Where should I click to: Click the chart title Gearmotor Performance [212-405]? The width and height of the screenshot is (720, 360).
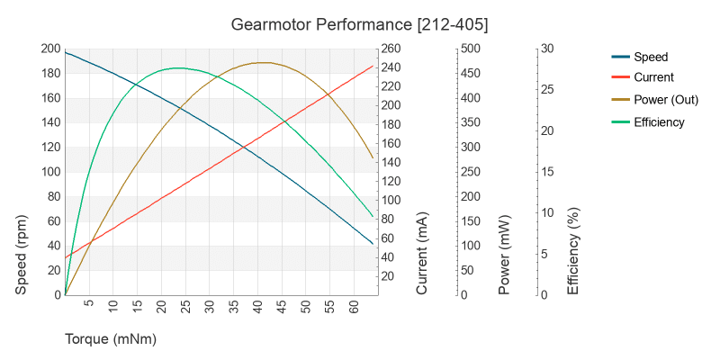[x=359, y=23]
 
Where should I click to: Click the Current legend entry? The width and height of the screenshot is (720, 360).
[x=653, y=77]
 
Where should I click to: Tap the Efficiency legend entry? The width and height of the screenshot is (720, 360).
[x=659, y=121]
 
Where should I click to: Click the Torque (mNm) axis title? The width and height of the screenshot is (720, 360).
[x=111, y=339]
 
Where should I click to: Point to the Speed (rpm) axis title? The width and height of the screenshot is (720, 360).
[x=22, y=255]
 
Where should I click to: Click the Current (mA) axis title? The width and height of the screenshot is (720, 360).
[x=422, y=255]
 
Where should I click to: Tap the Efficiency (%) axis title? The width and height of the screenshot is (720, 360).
[x=572, y=253]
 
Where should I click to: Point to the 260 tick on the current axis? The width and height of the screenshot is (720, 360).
[x=392, y=49]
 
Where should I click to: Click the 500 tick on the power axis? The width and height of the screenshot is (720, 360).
[x=472, y=49]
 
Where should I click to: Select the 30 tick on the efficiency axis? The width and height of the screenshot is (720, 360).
[x=546, y=49]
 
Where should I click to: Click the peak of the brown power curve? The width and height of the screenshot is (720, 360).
[x=262, y=63]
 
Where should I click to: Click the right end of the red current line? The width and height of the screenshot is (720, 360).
[x=373, y=66]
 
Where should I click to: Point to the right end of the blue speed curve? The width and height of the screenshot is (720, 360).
[x=373, y=244]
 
